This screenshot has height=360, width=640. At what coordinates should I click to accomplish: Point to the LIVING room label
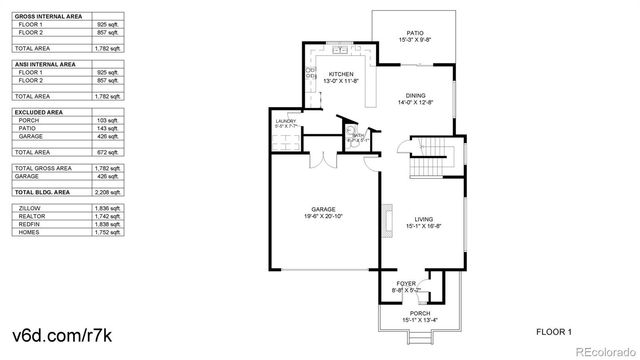pyautogui.click(x=424, y=219)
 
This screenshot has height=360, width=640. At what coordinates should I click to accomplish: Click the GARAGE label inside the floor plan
pyautogui.click(x=323, y=210)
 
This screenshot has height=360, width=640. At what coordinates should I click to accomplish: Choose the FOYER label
pyautogui.click(x=405, y=284)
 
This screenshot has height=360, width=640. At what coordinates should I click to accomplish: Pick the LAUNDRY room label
pyautogui.click(x=286, y=121)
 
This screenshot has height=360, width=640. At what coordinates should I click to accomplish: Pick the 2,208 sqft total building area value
pyautogui.click(x=107, y=190)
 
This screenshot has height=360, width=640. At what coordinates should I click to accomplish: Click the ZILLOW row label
pyautogui.click(x=29, y=208)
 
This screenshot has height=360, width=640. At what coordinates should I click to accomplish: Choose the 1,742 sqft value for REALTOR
pyautogui.click(x=107, y=216)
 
